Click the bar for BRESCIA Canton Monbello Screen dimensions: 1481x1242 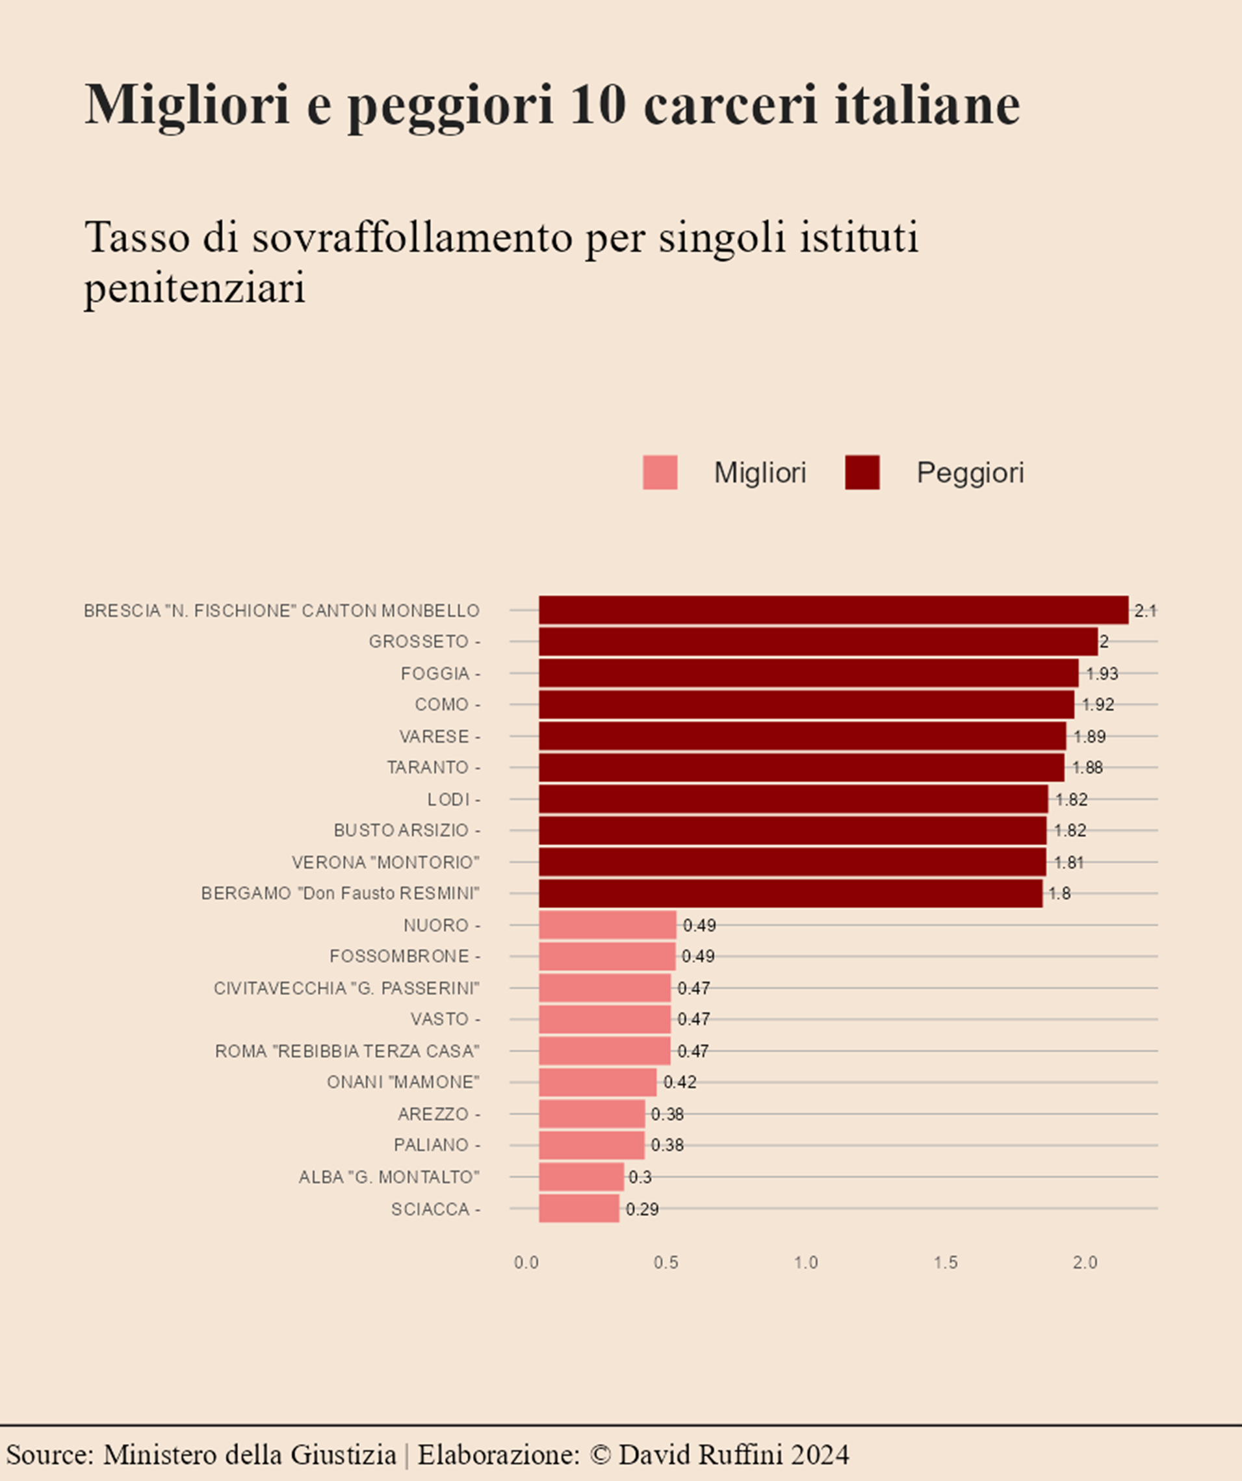(x=833, y=610)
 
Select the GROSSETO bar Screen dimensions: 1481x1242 (x=818, y=642)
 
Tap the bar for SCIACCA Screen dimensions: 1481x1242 (x=579, y=1208)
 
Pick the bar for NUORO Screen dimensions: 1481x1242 (x=607, y=925)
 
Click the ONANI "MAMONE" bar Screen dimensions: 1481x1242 (x=597, y=1082)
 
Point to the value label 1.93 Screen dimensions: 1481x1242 (x=1102, y=673)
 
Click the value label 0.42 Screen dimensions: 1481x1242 (x=680, y=1082)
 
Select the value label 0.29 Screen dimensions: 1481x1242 (x=642, y=1209)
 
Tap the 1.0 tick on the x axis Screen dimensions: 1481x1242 (x=805, y=1263)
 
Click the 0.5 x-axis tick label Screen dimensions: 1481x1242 (x=666, y=1263)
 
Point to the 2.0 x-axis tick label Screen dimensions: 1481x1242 (x=1085, y=1263)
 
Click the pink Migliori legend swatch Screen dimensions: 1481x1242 (x=660, y=472)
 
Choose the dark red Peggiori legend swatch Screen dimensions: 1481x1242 (x=862, y=472)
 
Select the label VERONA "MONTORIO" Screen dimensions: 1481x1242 (x=386, y=862)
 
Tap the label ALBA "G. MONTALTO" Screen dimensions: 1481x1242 (x=389, y=1177)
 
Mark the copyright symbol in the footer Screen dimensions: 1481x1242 (x=599, y=1454)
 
